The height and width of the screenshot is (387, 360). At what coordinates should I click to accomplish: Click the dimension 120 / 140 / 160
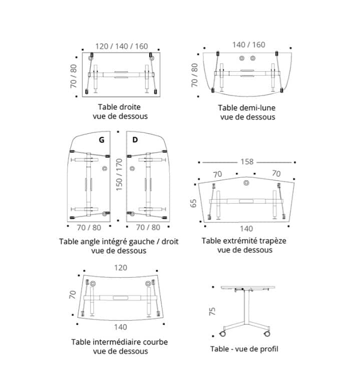(122, 46)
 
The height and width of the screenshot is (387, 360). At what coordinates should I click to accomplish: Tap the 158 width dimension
(247, 162)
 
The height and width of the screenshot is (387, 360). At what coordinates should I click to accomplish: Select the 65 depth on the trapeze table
(194, 203)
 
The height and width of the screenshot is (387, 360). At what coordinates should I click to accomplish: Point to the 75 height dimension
(212, 311)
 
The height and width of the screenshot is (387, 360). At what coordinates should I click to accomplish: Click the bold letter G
(102, 140)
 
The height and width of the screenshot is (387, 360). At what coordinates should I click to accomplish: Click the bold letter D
(135, 140)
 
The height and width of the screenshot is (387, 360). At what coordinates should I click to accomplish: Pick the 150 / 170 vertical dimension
(119, 175)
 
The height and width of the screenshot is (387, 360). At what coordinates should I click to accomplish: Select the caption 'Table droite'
(119, 107)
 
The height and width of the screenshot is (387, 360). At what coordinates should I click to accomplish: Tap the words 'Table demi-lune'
(246, 108)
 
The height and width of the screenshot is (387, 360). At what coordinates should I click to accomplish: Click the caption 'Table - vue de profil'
(244, 349)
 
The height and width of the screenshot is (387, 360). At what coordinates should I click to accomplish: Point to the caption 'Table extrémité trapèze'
(244, 241)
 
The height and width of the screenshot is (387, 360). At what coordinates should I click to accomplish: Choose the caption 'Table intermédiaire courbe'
(120, 342)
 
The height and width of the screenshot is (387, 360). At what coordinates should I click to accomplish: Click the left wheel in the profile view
(222, 334)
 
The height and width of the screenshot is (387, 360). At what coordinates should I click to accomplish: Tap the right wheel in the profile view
(267, 334)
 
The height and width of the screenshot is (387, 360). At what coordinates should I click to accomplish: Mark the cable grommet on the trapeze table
(246, 183)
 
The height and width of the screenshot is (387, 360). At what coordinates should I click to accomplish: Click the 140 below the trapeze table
(246, 229)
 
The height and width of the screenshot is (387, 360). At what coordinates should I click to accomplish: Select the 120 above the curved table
(121, 267)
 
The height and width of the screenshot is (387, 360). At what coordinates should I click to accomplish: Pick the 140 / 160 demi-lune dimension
(249, 45)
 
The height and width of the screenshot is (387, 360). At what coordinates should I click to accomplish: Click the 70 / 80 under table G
(89, 227)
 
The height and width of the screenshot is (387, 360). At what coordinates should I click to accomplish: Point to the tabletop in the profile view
(248, 287)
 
